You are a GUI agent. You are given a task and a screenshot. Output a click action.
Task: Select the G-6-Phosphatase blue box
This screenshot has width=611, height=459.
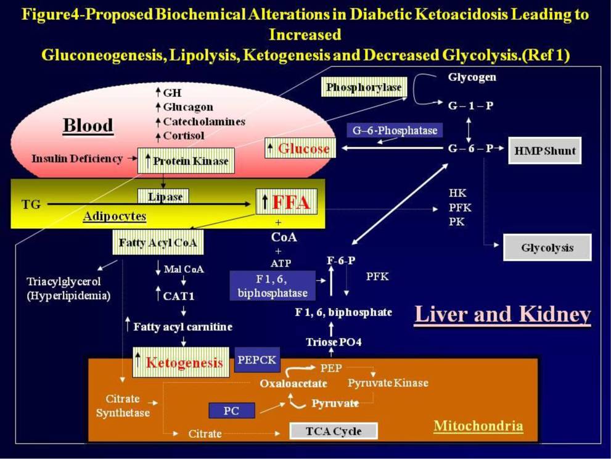[x=395, y=130]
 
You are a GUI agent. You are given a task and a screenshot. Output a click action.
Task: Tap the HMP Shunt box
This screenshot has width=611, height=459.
[x=544, y=151]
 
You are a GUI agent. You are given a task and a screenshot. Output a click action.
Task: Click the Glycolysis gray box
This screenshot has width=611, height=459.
[x=547, y=247]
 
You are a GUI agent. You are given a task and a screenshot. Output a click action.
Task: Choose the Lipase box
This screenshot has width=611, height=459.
[x=163, y=196]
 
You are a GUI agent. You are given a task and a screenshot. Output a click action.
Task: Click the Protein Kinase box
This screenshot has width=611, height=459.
[x=186, y=161]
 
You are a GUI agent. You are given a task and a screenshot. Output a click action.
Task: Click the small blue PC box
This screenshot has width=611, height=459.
[x=232, y=410]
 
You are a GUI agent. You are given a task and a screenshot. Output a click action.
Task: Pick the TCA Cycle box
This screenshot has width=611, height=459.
[x=334, y=431]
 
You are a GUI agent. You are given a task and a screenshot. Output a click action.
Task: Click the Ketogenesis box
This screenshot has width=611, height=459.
[x=179, y=362]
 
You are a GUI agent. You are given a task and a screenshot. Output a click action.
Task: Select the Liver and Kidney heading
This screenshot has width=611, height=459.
[x=502, y=315]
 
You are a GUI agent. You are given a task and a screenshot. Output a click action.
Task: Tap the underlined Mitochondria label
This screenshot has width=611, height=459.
[x=478, y=426]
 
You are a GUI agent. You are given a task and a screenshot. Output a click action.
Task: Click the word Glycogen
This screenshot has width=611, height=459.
[x=472, y=78]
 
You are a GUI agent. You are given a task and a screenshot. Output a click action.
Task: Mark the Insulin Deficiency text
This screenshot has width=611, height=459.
[x=77, y=159]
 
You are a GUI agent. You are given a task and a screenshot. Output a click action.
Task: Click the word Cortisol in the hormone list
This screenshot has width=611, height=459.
[x=184, y=135]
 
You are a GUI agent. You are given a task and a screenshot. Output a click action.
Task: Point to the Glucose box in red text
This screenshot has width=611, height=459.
[x=298, y=148]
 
